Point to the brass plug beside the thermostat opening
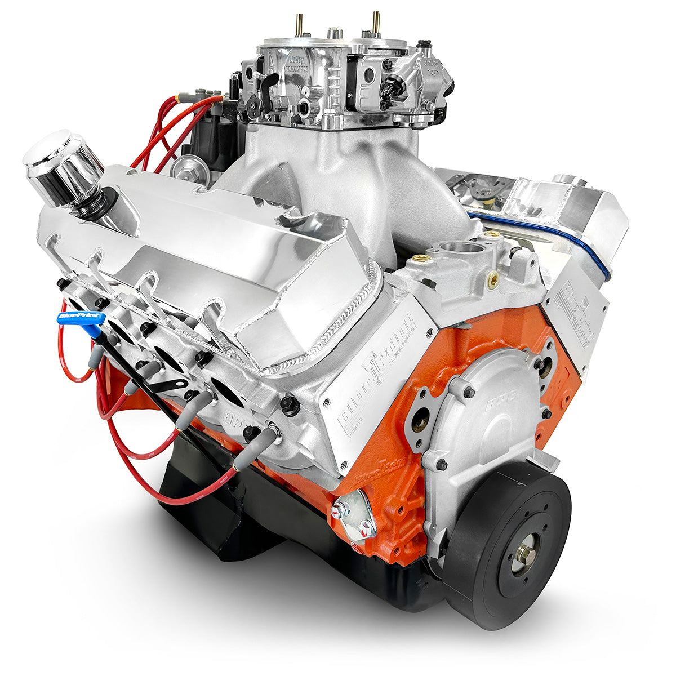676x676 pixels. (492, 278)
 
